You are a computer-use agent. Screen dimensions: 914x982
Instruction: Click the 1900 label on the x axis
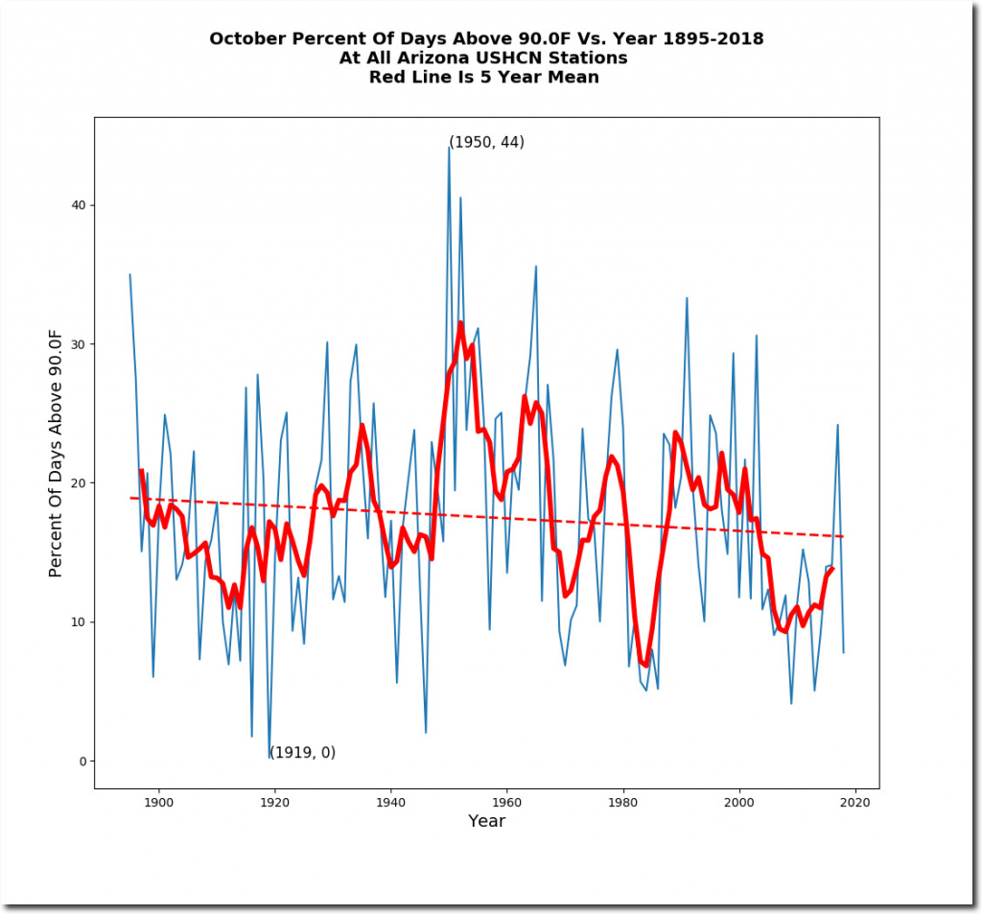[x=158, y=803]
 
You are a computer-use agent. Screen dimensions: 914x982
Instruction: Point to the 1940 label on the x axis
[x=390, y=803]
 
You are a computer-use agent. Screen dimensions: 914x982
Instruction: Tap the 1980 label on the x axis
[x=623, y=803]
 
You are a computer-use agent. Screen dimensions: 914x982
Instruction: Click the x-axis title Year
[x=486, y=822]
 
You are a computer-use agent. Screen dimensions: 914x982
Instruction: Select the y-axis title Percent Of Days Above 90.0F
[x=56, y=452]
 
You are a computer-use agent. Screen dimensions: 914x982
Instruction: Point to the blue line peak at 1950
[x=449, y=148]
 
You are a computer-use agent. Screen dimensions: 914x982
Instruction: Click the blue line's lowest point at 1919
[x=269, y=759]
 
